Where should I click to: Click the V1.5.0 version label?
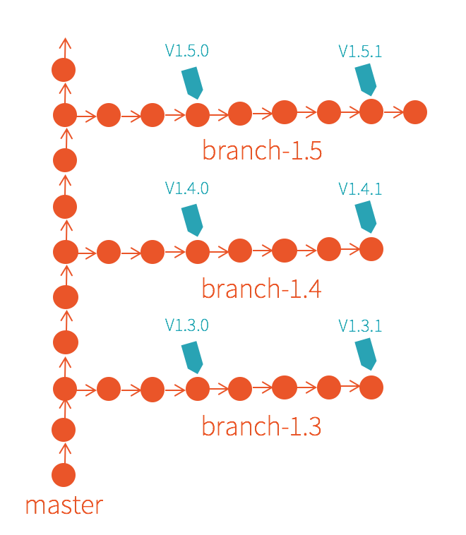pos(187,51)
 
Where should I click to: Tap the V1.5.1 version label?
pos(360,51)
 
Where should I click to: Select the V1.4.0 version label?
pos(187,188)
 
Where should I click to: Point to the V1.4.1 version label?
pos(360,188)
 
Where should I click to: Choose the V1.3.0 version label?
pos(187,325)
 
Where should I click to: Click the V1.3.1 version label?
pos(360,325)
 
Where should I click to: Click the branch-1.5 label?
pos(262,150)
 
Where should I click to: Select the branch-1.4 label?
pos(262,289)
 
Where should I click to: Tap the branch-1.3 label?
pos(262,426)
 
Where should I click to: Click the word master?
pos(64,505)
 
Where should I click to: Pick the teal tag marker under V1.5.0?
pos(192,83)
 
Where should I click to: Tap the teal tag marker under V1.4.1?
pos(365,216)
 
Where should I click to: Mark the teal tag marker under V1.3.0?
pos(192,356)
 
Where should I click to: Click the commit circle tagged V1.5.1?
pos(371,112)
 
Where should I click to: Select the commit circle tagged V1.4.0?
pos(198,252)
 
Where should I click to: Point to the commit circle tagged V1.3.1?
pos(371,387)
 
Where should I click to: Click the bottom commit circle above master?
pos(64,475)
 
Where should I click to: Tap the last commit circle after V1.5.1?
pos(415,112)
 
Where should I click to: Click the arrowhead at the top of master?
pos(65,43)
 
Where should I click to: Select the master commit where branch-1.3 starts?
pos(65,388)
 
